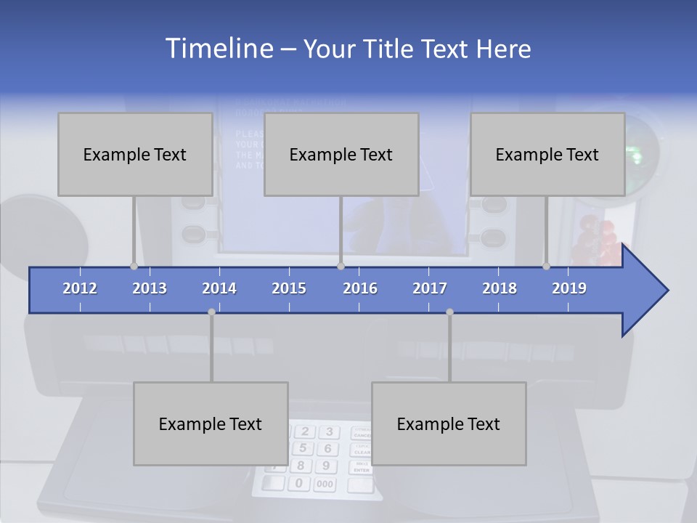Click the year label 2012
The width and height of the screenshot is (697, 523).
80,288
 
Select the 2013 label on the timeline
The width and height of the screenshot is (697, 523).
150,288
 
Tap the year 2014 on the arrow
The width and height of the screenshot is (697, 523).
219,288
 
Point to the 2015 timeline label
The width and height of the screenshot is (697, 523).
289,288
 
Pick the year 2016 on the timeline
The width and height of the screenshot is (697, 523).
360,288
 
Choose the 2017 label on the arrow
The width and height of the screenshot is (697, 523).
430,288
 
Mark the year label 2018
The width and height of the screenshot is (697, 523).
500,288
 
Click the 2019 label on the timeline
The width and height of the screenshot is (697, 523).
569,288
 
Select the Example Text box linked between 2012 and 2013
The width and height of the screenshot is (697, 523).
135,154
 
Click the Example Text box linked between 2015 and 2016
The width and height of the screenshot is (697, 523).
341,154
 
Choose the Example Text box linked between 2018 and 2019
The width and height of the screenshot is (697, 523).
547,154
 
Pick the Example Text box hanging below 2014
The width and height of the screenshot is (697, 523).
211,423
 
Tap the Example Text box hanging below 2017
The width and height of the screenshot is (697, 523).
449,423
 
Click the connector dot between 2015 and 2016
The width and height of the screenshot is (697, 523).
341,267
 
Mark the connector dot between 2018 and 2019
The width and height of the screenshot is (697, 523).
546,267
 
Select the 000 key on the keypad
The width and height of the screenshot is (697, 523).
325,484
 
